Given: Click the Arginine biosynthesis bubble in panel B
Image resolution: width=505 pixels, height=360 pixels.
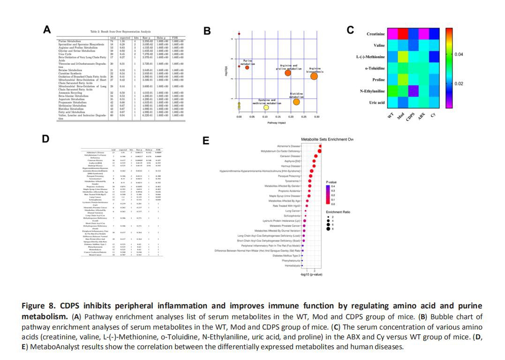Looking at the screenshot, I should coord(314,76).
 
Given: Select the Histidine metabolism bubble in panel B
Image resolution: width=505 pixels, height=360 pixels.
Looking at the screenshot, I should coord(296,102).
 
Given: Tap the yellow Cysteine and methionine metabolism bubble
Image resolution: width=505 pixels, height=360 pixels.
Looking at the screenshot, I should coord(266,108).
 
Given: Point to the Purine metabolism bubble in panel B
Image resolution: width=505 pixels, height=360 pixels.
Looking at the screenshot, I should coord(247,67).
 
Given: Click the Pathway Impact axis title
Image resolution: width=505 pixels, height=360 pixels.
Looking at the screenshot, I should coord(277,122).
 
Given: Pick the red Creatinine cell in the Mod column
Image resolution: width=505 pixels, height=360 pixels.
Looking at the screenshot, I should coord(404,34).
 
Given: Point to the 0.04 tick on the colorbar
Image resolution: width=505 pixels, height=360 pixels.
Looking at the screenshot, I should coord(459,55).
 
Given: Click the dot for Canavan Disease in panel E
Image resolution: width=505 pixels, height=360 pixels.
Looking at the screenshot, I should coord(317,156).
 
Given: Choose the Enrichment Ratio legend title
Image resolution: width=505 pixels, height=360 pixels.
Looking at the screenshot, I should coord(338,212).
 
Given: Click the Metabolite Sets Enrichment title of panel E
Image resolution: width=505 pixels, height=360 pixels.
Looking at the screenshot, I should coord(327,140).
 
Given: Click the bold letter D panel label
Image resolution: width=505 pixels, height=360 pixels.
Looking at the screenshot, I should coord(45,139).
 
